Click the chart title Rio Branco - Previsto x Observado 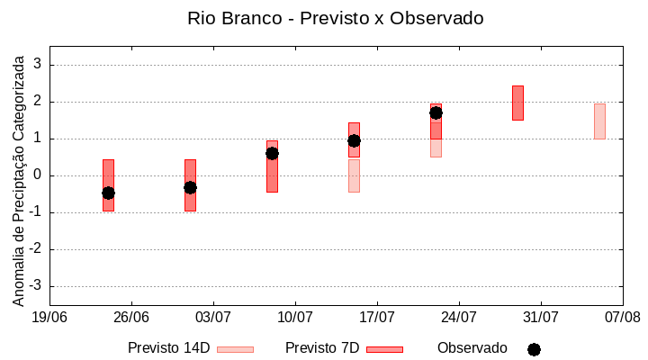coord(323,18)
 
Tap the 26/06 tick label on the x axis coord(131,317)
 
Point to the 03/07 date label coord(213,317)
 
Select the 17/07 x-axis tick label coord(377,317)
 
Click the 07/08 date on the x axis coord(622,317)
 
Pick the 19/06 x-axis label coord(49,317)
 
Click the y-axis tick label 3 coord(39,65)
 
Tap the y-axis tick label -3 coord(36,286)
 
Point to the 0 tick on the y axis coord(39,175)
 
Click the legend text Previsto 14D coord(168,348)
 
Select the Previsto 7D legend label coord(322,348)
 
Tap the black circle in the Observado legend coord(534,349)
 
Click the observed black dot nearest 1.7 coord(436,112)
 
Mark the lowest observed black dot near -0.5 coord(108,193)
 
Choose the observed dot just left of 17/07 coord(354,140)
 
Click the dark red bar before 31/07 coord(517,103)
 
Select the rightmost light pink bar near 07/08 coord(599,121)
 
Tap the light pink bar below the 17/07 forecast coord(354,175)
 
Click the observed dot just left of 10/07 coord(272,153)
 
